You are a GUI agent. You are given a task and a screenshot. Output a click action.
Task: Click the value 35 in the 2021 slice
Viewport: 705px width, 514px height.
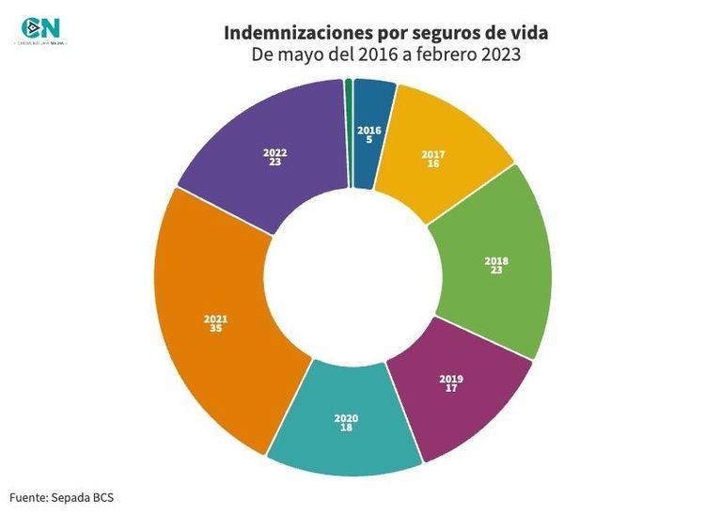click(215, 328)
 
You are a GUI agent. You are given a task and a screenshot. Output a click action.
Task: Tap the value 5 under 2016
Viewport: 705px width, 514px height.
click(369, 139)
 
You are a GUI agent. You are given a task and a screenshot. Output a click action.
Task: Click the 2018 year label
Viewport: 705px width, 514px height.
click(495, 260)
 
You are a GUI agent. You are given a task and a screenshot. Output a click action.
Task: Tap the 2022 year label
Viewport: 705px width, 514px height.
click(275, 152)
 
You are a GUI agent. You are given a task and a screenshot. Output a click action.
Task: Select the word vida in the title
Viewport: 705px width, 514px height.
click(528, 33)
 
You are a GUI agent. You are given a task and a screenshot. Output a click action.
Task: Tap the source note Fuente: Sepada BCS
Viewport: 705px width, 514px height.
click(61, 496)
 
